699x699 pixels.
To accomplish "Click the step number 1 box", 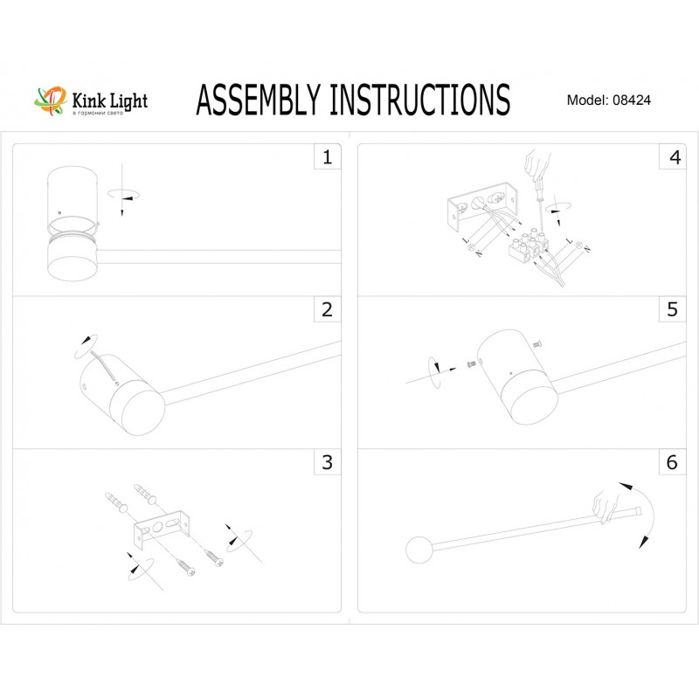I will pyautogui.click(x=327, y=157).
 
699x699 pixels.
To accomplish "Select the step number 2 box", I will pyautogui.click(x=327, y=309).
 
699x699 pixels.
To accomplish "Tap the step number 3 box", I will pyautogui.click(x=327, y=462).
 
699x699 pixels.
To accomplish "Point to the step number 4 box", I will pyautogui.click(x=672, y=157).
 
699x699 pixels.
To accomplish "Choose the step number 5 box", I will pyautogui.click(x=672, y=309).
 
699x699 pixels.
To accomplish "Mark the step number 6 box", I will pyautogui.click(x=672, y=462).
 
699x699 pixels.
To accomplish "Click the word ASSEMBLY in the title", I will pyautogui.click(x=259, y=100).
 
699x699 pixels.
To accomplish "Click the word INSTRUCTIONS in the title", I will pyautogui.click(x=419, y=100).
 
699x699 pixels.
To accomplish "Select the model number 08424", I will pyautogui.click(x=633, y=100).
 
